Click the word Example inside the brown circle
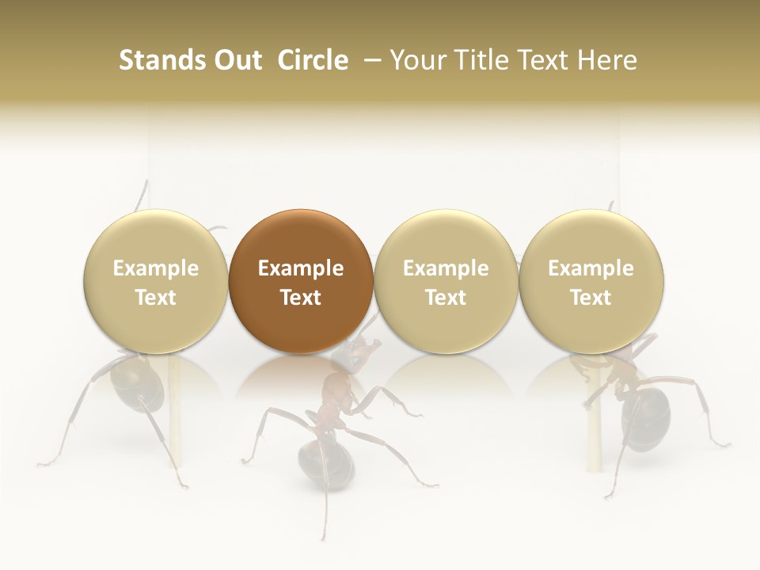(x=301, y=268)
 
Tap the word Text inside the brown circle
(x=301, y=298)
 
